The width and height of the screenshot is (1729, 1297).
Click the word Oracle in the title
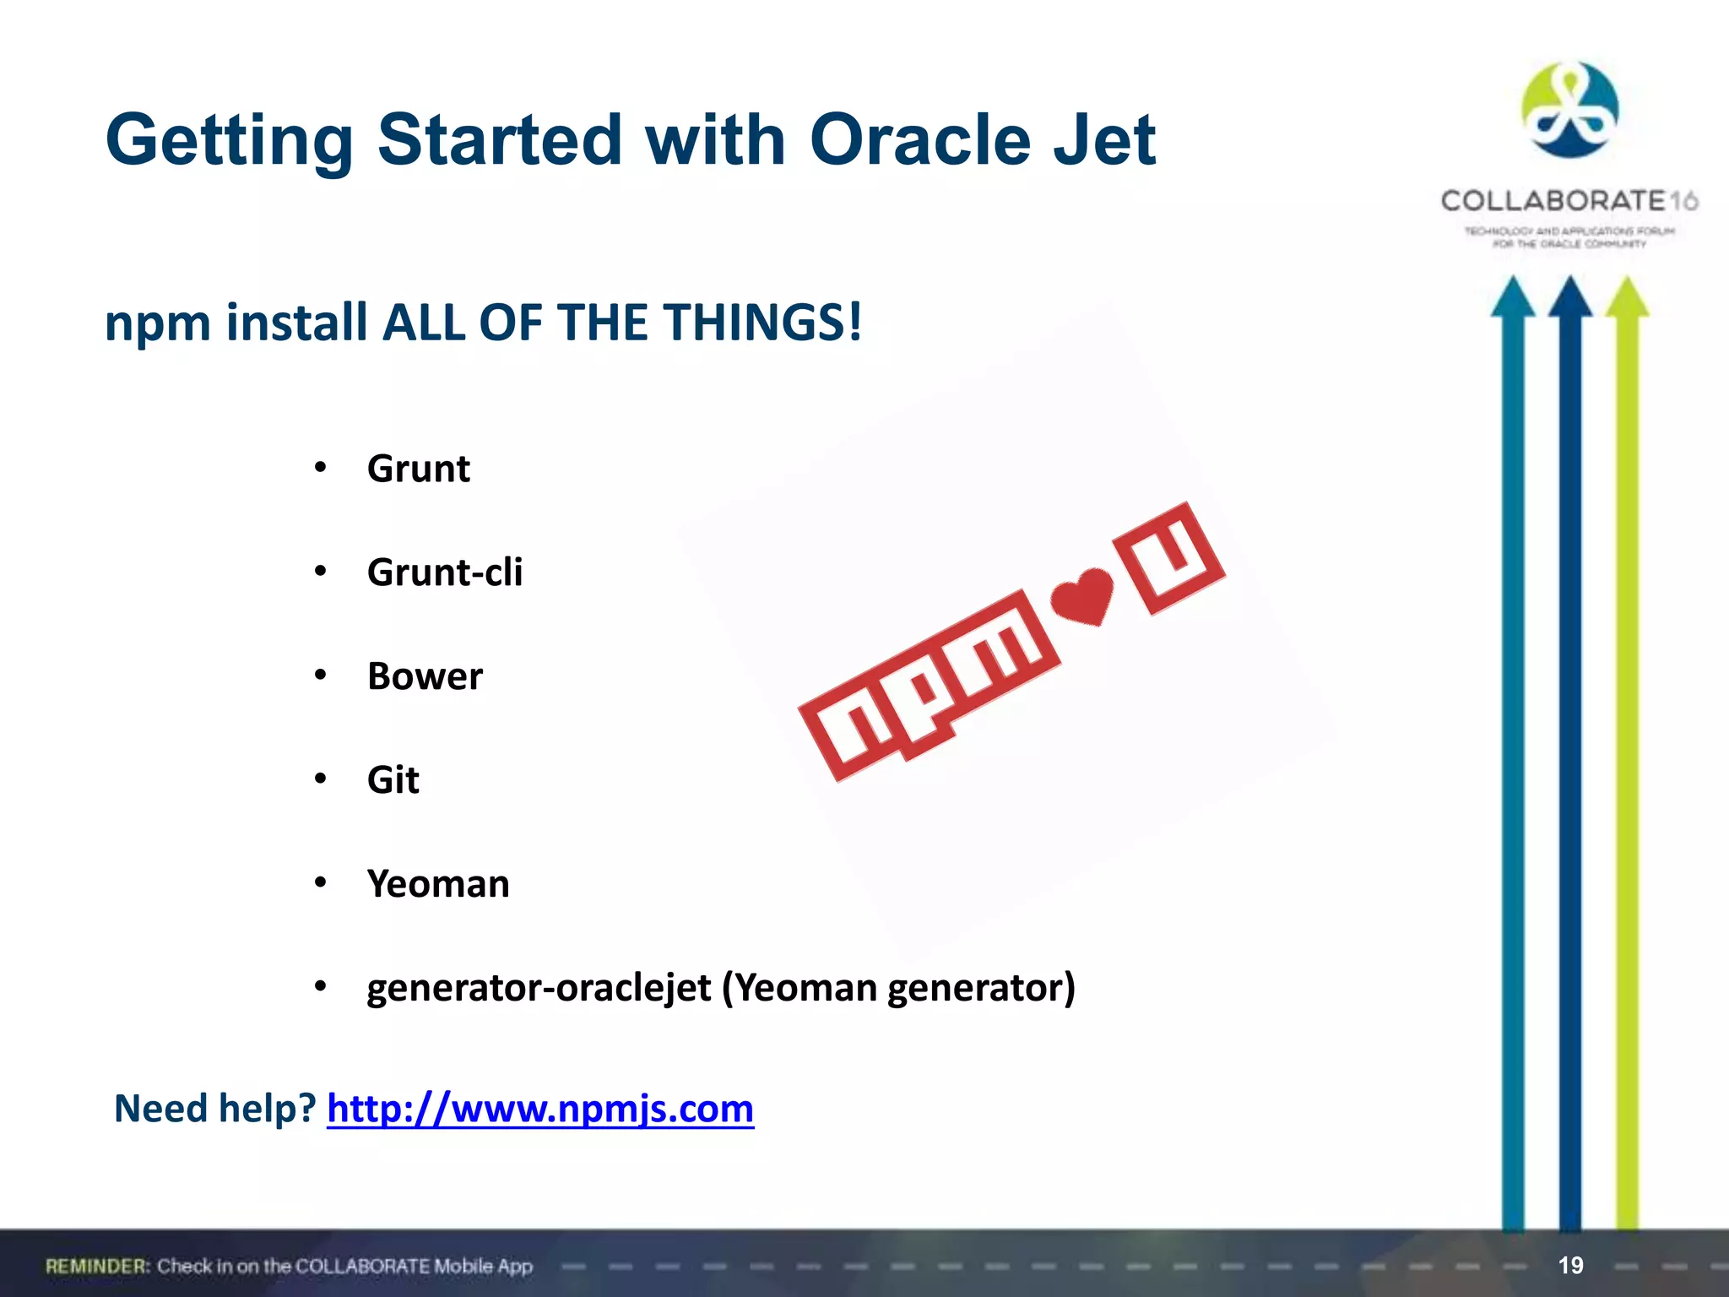pyautogui.click(x=919, y=140)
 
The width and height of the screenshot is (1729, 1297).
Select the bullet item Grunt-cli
pyautogui.click(x=445, y=573)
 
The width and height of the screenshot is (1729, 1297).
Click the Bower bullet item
pyautogui.click(x=425, y=676)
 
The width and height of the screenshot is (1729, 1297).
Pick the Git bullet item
pyautogui.click(x=393, y=780)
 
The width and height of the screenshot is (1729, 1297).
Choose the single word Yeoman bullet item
pyautogui.click(x=438, y=884)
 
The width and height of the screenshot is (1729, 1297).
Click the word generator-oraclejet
pyautogui.click(x=539, y=987)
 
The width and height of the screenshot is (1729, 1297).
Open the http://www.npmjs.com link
pyautogui.click(x=540, y=1109)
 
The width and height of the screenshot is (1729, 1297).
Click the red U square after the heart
pyautogui.click(x=1170, y=557)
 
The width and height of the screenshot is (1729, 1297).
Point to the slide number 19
pyautogui.click(x=1570, y=1265)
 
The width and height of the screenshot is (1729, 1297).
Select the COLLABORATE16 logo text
pyautogui.click(x=1569, y=201)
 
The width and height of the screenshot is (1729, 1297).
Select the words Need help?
pyautogui.click(x=214, y=1109)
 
